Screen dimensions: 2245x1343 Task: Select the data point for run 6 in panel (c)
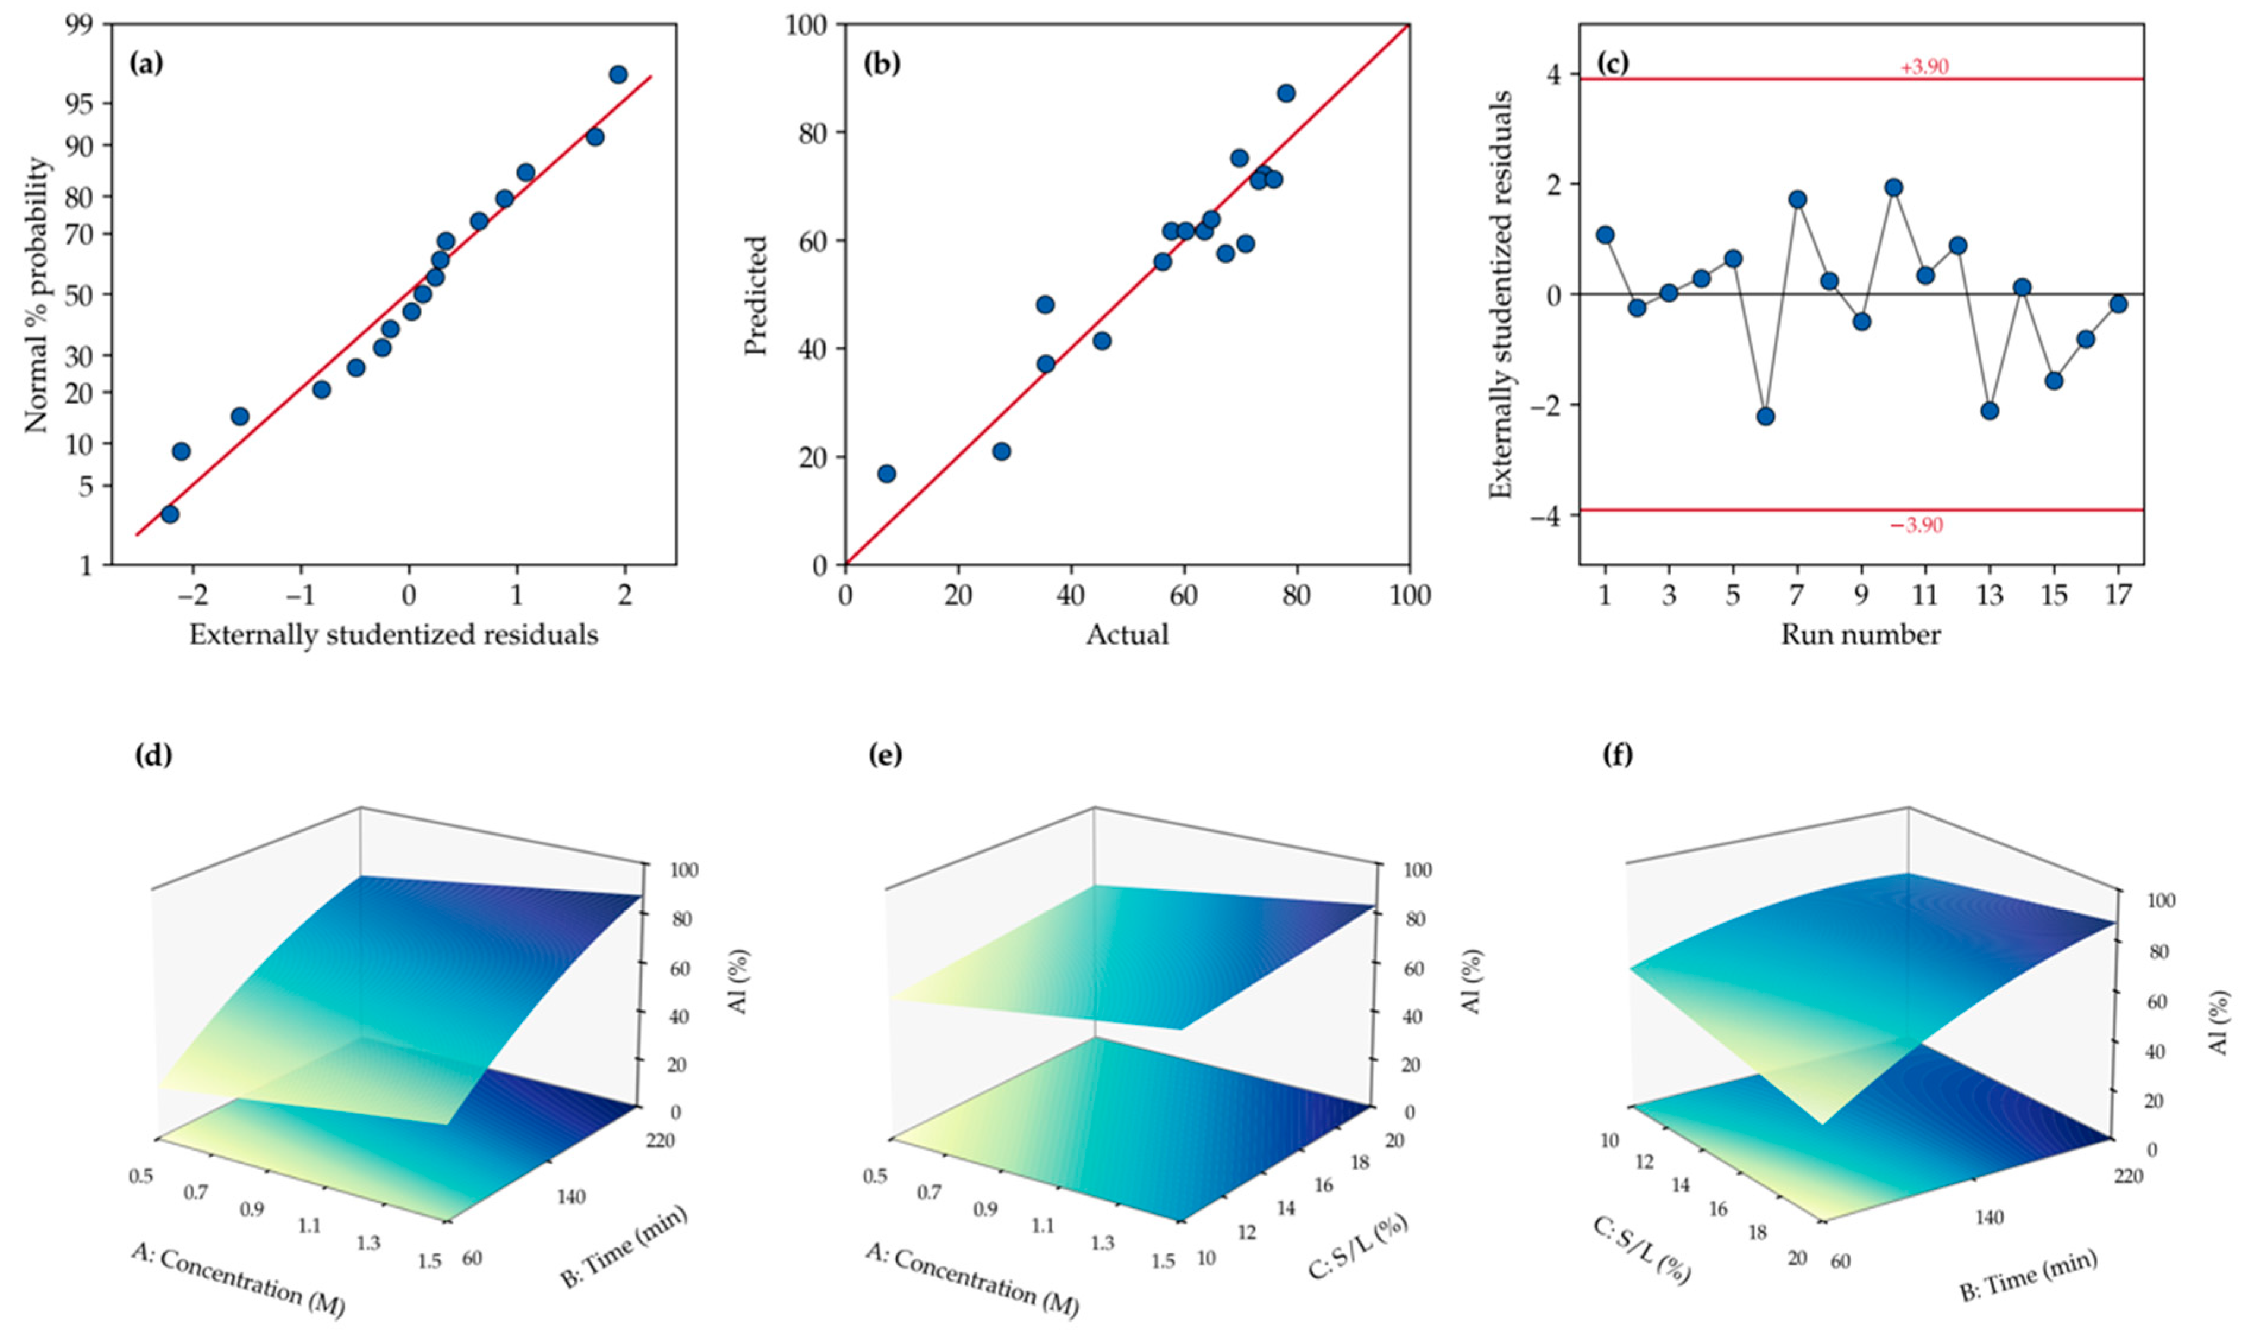[x=1765, y=416]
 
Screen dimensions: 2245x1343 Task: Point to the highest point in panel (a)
[x=618, y=74]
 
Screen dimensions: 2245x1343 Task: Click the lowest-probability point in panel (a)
[x=169, y=514]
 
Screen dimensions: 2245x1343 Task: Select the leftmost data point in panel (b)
[x=887, y=473]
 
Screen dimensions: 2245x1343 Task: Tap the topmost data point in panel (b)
[x=1286, y=93]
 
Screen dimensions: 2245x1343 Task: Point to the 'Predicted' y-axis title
[x=756, y=295]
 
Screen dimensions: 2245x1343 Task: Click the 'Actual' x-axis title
[x=1127, y=635]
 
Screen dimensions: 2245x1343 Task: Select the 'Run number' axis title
[x=1861, y=635]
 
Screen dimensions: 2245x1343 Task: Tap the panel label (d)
[x=153, y=755]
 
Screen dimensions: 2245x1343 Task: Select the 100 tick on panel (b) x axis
[x=1410, y=596]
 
